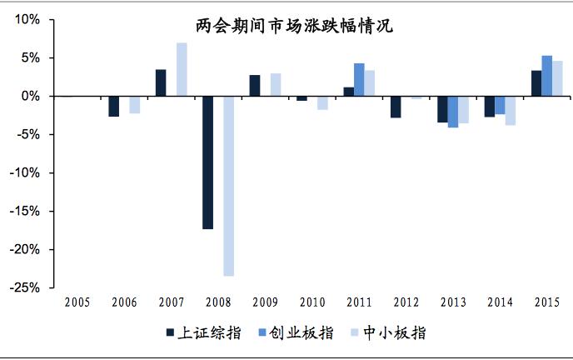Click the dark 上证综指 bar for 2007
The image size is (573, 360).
161,82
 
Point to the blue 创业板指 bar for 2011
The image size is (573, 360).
359,80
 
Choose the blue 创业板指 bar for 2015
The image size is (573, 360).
546,76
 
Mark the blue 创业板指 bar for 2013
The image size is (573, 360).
453,112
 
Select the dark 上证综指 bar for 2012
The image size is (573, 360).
396,107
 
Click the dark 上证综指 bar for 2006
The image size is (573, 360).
114,106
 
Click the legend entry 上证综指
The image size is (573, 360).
204,332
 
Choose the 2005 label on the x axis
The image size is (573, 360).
77,302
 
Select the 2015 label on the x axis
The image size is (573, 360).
546,302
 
